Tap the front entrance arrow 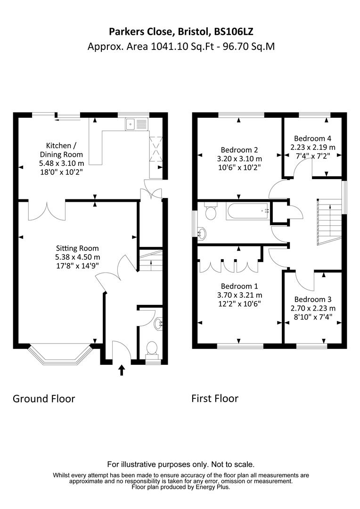(122, 370)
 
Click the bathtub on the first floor (248, 211)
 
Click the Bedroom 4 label (312, 139)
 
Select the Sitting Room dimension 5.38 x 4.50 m (78, 257)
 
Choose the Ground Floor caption (44, 399)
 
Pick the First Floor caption (215, 399)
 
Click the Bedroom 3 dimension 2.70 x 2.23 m (313, 308)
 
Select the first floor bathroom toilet (210, 212)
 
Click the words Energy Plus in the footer (213, 487)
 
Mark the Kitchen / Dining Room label (64, 150)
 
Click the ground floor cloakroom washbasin (158, 323)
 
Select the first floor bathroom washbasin (202, 232)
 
